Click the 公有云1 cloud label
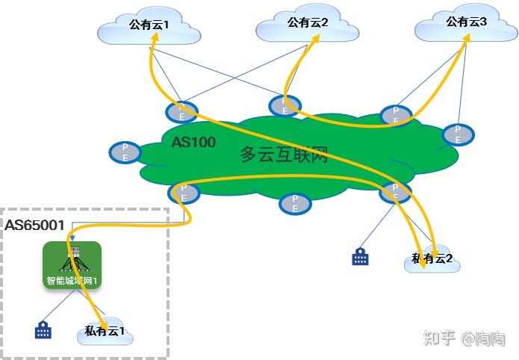coord(149,25)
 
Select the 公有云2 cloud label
coord(308,22)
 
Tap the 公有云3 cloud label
coord(467,22)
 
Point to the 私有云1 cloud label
coord(105,331)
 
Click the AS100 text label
coord(194,142)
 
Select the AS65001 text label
coord(35,225)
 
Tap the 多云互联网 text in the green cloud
coord(284,155)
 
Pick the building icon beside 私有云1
coord(43,329)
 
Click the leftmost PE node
coord(125,152)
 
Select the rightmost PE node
coord(456,134)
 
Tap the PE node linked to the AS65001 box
coord(184,193)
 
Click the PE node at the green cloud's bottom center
coord(295,203)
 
